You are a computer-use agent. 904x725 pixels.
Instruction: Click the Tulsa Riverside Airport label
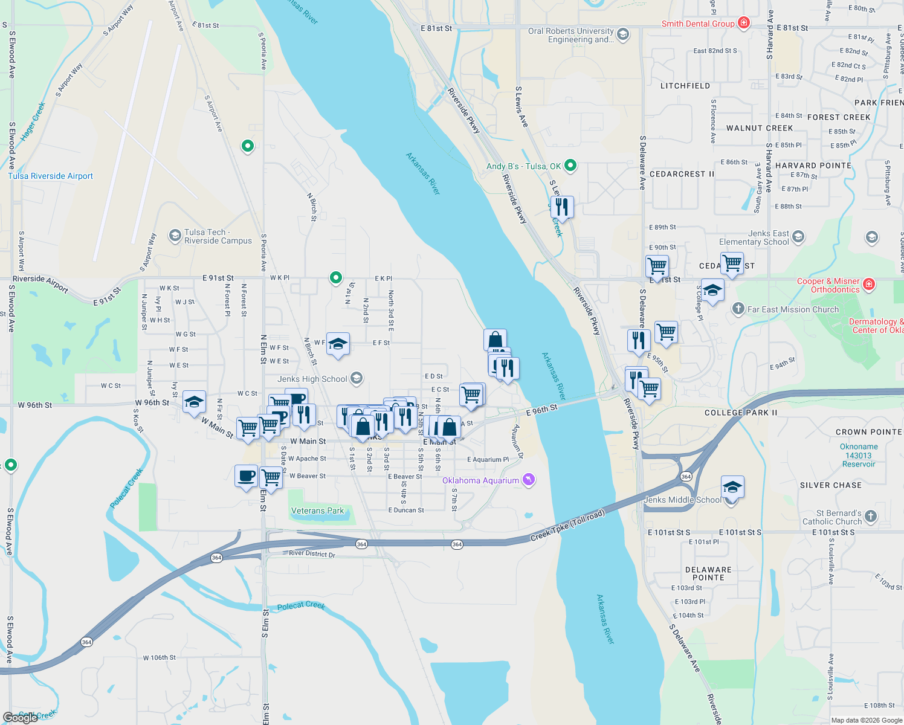click(50, 176)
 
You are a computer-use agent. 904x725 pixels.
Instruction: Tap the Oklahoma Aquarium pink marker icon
click(529, 480)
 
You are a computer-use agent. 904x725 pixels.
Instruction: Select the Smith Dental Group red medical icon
click(744, 23)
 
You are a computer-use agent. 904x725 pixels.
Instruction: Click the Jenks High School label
click(312, 379)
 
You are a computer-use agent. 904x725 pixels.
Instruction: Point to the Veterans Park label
click(317, 511)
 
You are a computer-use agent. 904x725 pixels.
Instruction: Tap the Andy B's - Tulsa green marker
click(570, 166)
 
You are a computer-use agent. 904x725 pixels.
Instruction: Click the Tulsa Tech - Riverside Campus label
click(218, 236)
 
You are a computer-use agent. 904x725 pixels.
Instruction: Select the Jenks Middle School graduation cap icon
click(732, 487)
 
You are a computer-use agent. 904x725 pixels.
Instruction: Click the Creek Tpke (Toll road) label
click(567, 526)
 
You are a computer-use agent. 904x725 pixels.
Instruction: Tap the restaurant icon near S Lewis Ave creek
click(562, 207)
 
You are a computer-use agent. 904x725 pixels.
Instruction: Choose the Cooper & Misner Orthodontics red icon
click(869, 284)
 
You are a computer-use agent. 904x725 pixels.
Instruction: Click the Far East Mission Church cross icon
click(738, 309)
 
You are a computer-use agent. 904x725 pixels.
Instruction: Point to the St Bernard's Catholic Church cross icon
click(870, 516)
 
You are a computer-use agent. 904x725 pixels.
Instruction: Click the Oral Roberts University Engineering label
click(571, 35)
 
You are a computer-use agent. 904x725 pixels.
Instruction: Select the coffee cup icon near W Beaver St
click(246, 476)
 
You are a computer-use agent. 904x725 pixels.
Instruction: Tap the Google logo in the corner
click(20, 717)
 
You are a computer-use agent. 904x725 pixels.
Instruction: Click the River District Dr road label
click(312, 553)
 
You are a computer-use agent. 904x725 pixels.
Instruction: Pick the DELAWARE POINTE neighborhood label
click(708, 573)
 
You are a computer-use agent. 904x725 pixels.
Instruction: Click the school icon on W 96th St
click(194, 402)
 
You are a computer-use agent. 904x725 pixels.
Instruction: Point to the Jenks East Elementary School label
click(754, 237)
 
